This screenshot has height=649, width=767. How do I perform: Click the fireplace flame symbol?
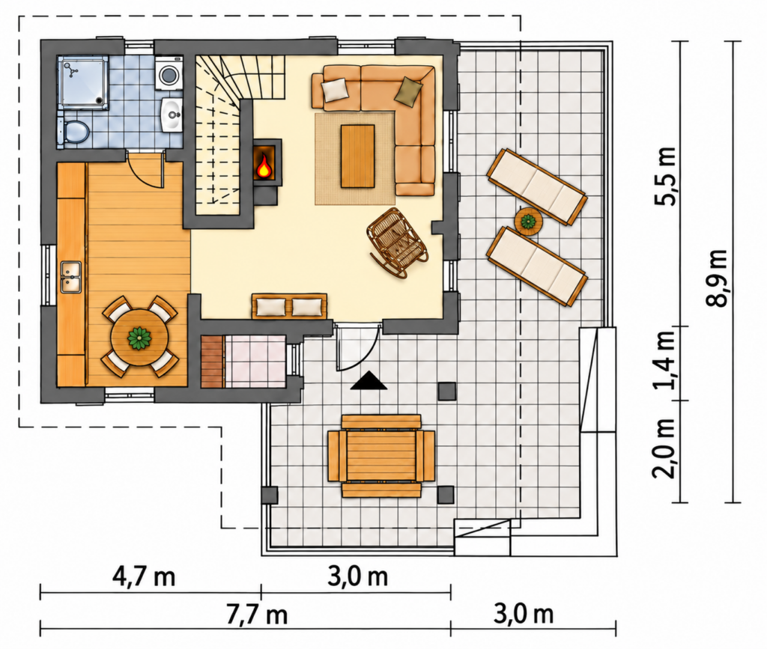264,166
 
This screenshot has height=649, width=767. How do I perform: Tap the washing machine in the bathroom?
169,73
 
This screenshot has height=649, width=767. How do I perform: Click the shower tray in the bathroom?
82,82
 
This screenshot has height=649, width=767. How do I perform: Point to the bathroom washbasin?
172,115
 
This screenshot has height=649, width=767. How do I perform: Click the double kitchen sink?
71,277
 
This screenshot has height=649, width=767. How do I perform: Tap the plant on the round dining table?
139,338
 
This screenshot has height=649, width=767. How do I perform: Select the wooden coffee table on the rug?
357,156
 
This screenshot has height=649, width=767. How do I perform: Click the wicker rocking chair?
397,242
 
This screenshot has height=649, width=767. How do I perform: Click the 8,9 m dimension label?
718,277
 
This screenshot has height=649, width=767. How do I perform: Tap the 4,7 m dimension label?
143,577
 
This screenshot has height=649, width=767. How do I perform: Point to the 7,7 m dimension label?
256,615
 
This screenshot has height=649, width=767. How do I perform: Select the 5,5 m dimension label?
667,176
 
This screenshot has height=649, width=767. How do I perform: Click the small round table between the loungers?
528,222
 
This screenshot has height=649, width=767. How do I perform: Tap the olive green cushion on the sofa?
408,91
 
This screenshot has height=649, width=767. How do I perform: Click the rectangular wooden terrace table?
381,456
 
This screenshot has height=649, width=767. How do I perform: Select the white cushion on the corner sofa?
335,90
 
